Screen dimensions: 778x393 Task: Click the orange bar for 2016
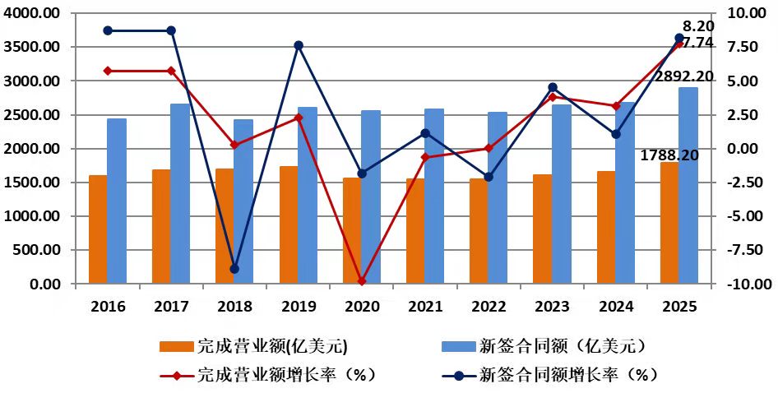[98, 229]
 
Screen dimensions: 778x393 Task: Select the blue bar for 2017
[180, 193]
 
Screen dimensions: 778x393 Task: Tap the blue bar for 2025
[688, 186]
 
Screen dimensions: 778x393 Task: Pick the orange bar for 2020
[352, 231]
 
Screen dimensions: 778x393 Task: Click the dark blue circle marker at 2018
[234, 270]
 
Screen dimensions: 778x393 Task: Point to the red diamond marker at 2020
[362, 281]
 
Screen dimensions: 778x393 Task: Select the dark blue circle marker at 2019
[299, 46]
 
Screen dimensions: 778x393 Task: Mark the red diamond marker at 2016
[108, 71]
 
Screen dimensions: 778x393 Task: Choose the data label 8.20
[697, 26]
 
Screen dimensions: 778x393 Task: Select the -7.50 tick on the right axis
[740, 250]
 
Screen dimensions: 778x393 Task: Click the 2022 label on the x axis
[489, 306]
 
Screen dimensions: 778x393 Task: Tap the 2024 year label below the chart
[616, 306]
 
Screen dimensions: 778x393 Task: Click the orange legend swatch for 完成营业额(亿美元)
[176, 346]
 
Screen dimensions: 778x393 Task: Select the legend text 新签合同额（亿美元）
[563, 346]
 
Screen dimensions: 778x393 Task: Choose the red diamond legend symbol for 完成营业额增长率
[176, 376]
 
